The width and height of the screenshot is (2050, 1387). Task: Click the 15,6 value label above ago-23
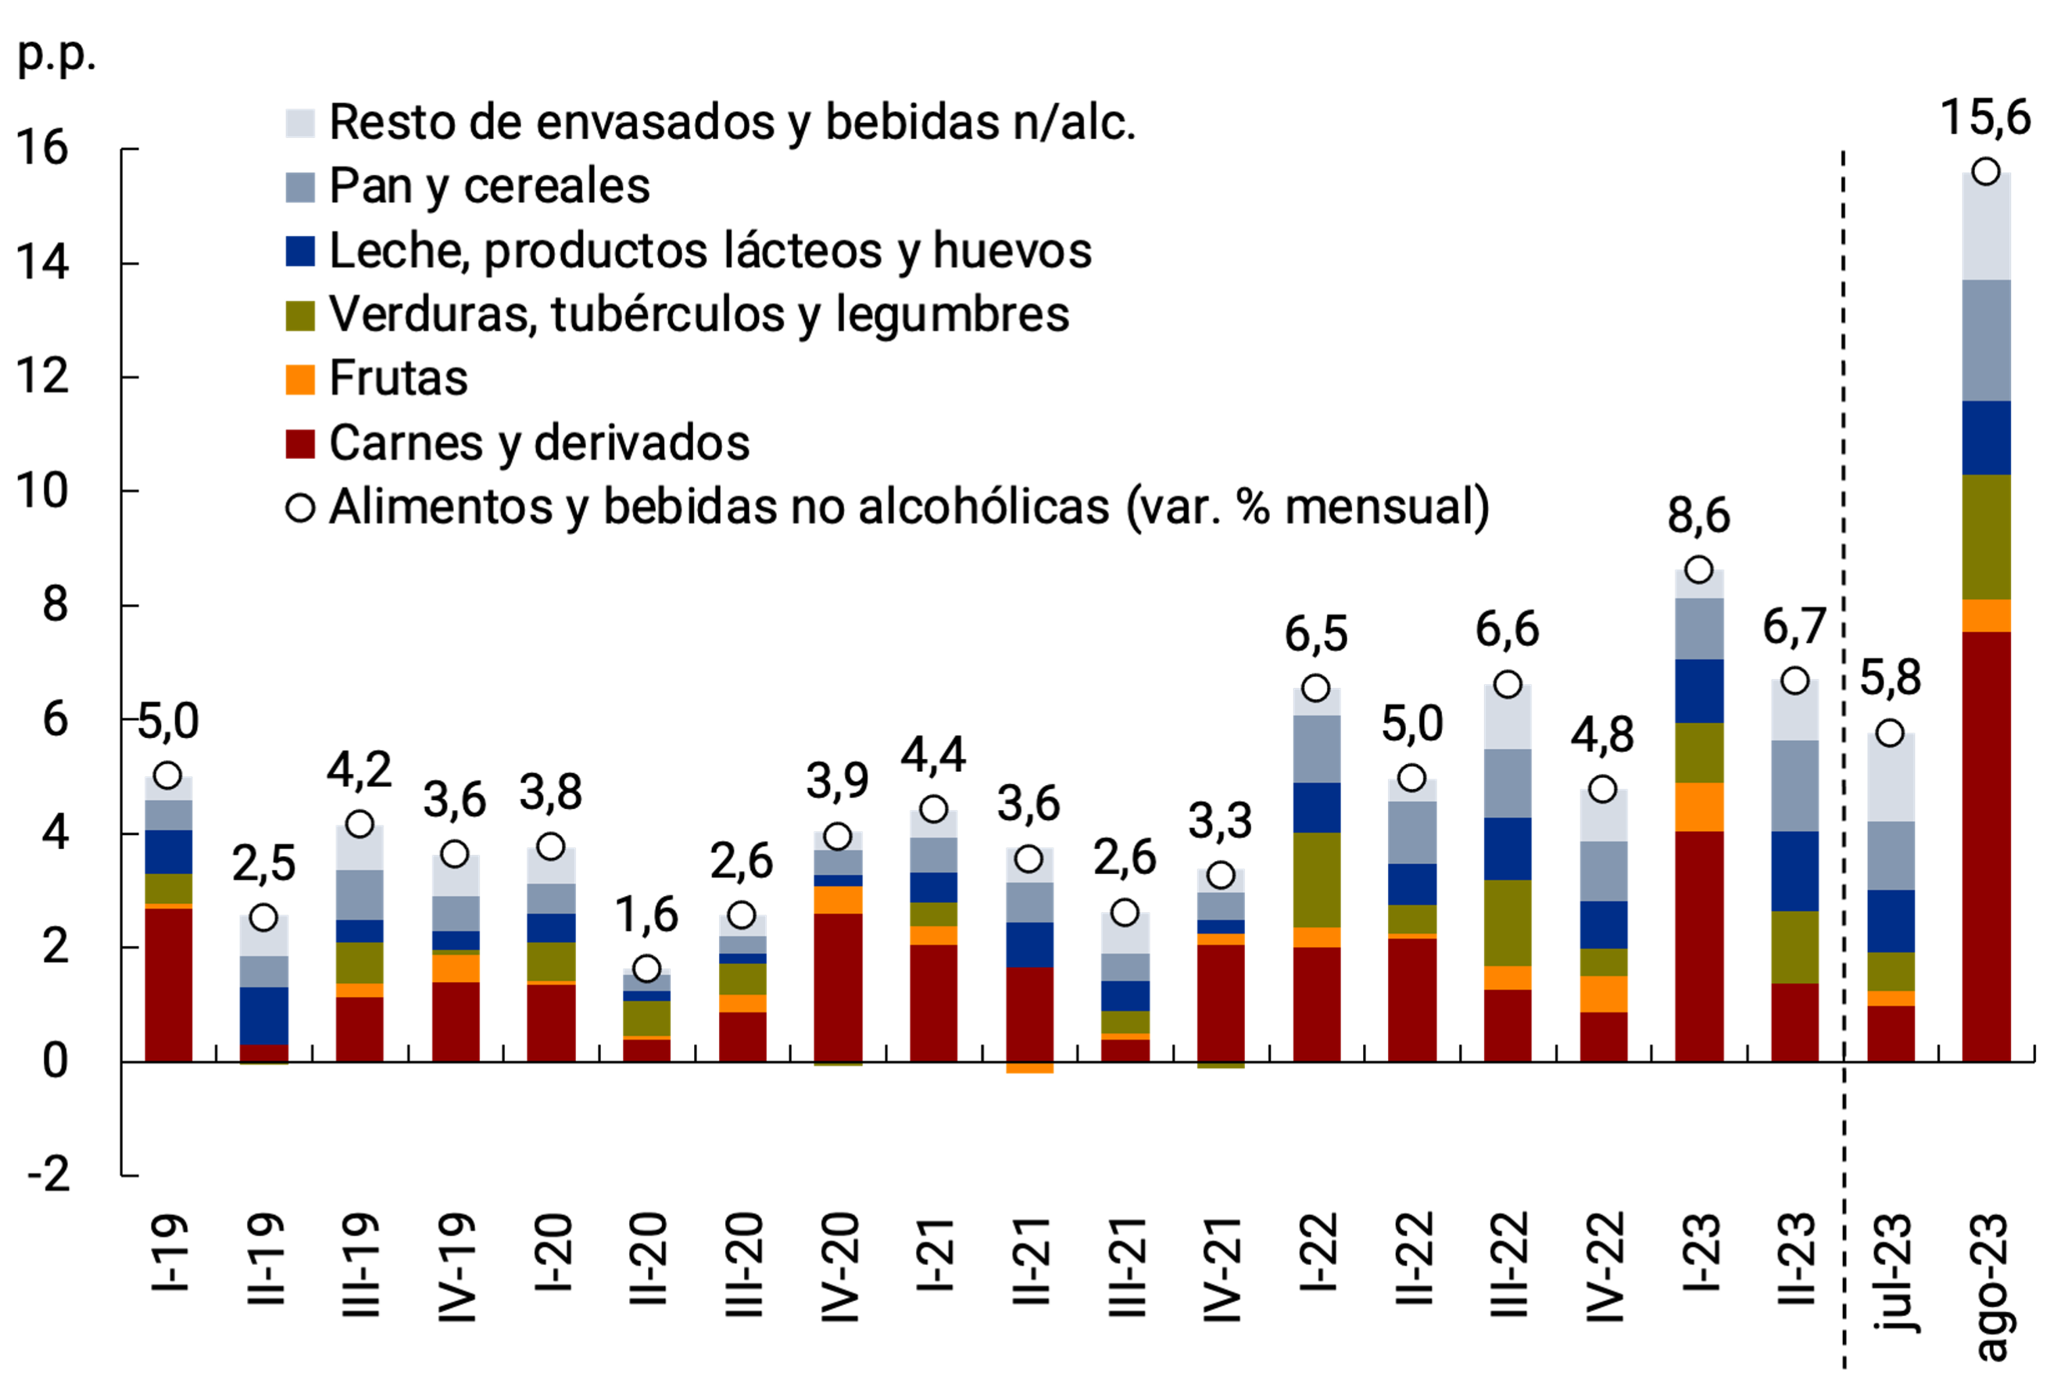(x=1986, y=118)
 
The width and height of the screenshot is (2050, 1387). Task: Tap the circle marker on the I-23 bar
(x=1698, y=570)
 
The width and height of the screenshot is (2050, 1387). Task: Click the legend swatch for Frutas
(x=300, y=379)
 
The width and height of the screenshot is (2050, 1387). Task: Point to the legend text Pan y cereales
(x=489, y=187)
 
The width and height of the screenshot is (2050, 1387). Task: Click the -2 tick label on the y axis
(x=48, y=1175)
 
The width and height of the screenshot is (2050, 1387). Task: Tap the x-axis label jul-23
(x=1891, y=1271)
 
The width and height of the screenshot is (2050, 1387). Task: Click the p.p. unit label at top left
(x=56, y=55)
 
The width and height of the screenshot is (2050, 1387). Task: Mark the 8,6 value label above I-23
(x=1698, y=516)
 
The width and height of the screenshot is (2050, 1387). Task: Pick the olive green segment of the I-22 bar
(x=1316, y=880)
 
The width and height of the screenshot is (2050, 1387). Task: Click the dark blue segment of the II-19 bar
(x=263, y=1016)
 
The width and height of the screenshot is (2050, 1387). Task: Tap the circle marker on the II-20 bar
(x=646, y=969)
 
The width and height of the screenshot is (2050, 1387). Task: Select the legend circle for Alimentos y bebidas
(x=300, y=508)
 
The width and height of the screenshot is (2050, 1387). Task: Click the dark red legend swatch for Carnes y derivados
(x=300, y=444)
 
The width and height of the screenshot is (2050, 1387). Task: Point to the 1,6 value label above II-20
(x=646, y=916)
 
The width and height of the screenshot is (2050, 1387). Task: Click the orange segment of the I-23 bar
(x=1698, y=806)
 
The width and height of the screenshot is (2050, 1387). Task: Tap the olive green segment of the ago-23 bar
(x=1986, y=536)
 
